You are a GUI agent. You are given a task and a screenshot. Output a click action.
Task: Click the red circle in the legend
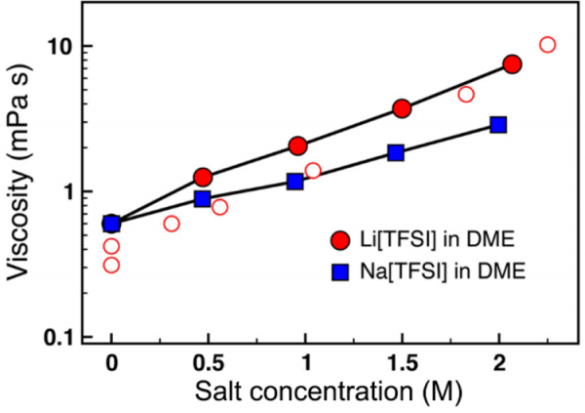(339, 240)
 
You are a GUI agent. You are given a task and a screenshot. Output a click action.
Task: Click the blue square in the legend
(339, 272)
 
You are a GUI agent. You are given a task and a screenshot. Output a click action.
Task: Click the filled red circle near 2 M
(513, 64)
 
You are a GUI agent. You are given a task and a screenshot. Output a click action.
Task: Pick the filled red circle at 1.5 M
(402, 108)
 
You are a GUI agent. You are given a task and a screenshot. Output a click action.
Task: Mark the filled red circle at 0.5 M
(203, 177)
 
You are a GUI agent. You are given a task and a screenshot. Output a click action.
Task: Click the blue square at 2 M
(498, 124)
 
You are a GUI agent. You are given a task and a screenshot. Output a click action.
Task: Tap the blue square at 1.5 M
(396, 152)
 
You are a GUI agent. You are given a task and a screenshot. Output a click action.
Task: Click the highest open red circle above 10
(547, 45)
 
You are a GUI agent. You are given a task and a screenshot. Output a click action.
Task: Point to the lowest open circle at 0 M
(111, 265)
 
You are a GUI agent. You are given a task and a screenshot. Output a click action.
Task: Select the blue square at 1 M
(295, 182)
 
